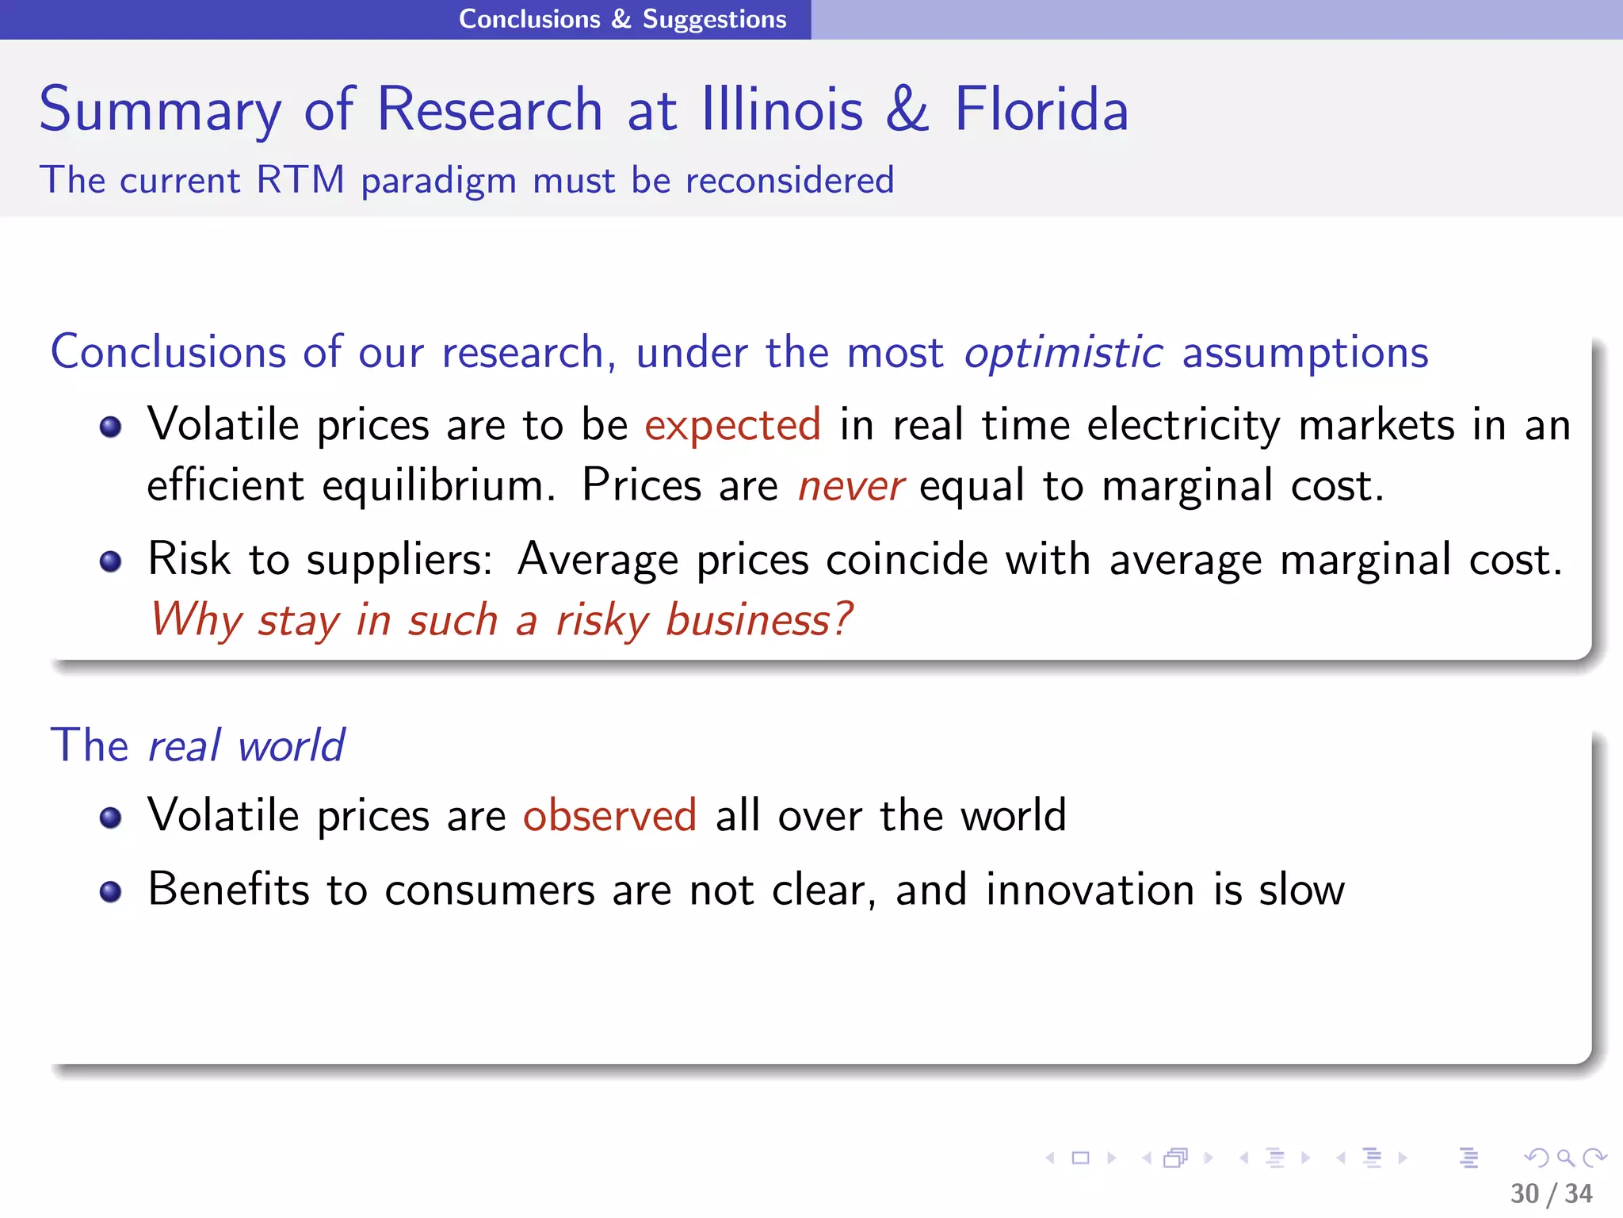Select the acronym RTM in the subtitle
coord(300,180)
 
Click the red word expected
coord(732,426)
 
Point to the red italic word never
coord(850,486)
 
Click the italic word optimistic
coord(1063,352)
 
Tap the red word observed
coord(609,816)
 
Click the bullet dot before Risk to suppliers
coord(111,562)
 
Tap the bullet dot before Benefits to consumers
coord(111,892)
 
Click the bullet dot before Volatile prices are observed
coord(111,818)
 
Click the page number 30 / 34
coord(1551,1193)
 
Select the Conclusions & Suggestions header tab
coord(622,19)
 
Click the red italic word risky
coord(602,620)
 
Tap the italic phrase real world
coord(246,746)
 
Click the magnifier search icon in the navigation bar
coord(1565,1158)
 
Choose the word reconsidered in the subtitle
coord(789,180)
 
